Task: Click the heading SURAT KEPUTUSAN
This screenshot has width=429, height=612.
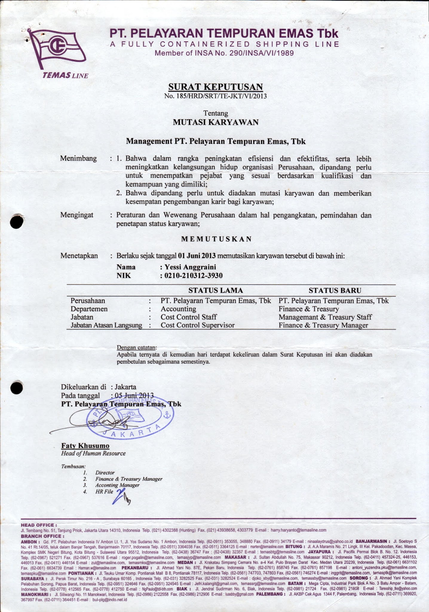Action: coord(215,87)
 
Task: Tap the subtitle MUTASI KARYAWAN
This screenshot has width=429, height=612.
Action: coord(215,122)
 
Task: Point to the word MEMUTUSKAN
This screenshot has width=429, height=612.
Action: coord(217,239)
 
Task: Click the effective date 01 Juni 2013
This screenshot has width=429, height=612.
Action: coord(197,256)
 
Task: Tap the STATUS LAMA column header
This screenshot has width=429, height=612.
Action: coord(215,290)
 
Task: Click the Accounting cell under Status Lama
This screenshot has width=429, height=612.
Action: coord(178,309)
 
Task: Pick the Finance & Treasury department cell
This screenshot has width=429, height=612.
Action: coord(309,309)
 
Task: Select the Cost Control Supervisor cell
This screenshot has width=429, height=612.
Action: coord(197,325)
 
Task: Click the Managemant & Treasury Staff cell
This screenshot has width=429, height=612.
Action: coord(325,317)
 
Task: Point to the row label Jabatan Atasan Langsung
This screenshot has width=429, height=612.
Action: coord(106,325)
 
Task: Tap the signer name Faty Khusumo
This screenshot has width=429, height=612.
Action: coord(85,446)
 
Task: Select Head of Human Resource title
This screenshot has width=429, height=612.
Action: coord(93,453)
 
